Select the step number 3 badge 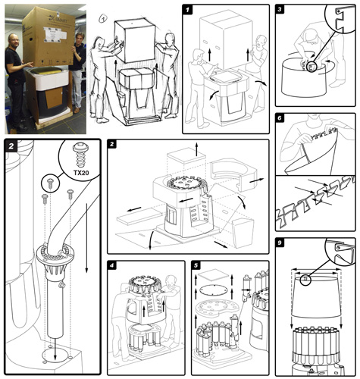coord(282,12)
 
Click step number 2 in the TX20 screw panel coord(11,146)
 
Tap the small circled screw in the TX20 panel coord(48,183)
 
